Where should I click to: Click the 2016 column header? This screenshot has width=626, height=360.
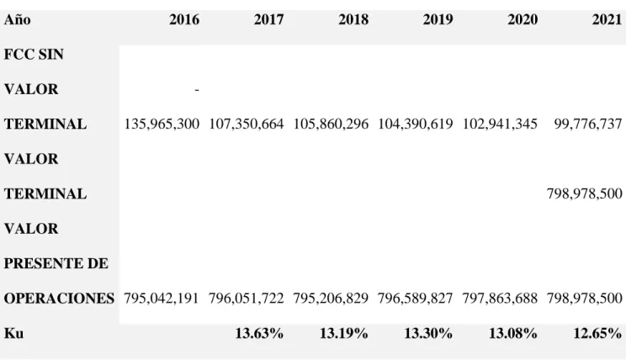184,19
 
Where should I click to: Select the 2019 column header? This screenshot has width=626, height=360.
438,19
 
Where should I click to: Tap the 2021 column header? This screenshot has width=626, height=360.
607,19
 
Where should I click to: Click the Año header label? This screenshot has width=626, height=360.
17,19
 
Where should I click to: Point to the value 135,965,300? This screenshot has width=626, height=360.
162,124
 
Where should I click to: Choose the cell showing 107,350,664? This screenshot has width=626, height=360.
247,124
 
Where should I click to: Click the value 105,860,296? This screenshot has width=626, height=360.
331,124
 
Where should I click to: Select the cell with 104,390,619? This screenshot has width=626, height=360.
415,124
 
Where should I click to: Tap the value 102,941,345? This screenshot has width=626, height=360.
500,124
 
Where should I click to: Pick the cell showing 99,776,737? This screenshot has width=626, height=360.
588,124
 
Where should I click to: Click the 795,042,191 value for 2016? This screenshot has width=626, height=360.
162,298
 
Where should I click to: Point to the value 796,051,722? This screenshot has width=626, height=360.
246,298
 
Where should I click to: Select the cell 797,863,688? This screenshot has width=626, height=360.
500,298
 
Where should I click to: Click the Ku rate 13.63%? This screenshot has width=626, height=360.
259,333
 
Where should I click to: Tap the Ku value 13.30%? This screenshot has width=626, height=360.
428,333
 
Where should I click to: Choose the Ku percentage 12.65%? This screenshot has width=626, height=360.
597,333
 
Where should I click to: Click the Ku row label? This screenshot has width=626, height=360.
13,333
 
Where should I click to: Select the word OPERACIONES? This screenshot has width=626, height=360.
59,298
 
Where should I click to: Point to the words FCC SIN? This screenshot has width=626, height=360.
34,55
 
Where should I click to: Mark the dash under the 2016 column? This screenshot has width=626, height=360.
197,90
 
